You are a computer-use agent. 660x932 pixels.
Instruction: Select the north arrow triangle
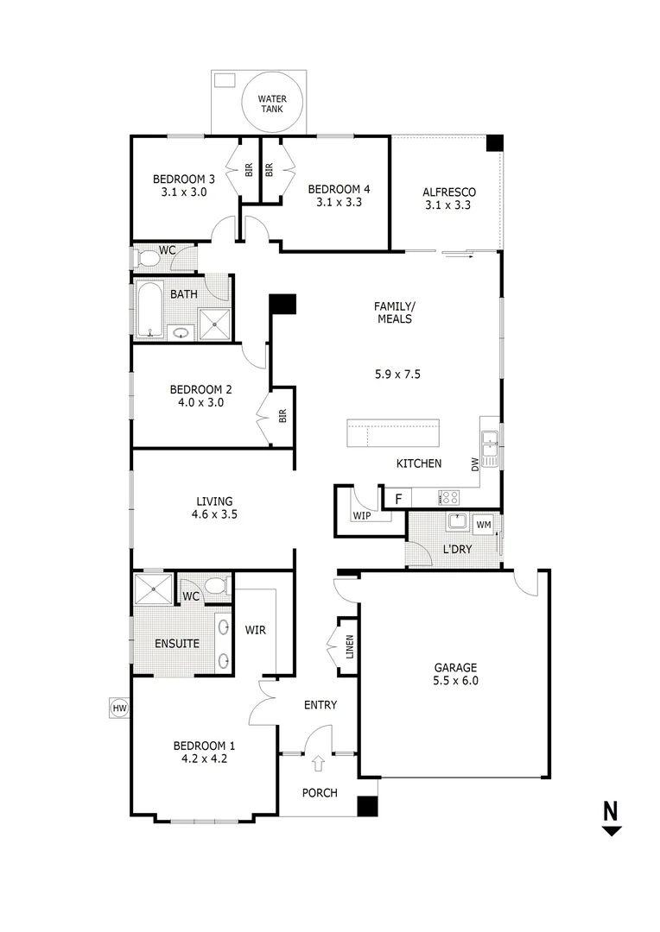(x=612, y=831)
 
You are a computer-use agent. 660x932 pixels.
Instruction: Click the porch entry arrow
(x=319, y=764)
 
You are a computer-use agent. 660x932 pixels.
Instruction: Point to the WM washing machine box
(x=484, y=524)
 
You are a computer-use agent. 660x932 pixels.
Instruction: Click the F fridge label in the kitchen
(x=398, y=499)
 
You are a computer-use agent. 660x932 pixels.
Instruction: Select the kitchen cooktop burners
(x=450, y=497)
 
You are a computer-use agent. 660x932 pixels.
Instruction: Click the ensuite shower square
(x=152, y=590)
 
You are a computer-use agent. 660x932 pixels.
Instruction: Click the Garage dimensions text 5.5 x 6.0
(x=455, y=681)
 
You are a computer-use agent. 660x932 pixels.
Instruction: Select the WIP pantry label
(x=361, y=515)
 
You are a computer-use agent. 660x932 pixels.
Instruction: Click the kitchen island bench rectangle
(x=393, y=433)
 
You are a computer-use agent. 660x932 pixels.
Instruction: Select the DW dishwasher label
(x=475, y=464)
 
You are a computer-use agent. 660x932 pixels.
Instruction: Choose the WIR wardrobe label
(x=255, y=630)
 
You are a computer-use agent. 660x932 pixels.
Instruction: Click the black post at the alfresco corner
(x=494, y=143)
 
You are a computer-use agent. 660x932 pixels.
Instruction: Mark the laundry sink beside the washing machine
(x=457, y=523)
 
